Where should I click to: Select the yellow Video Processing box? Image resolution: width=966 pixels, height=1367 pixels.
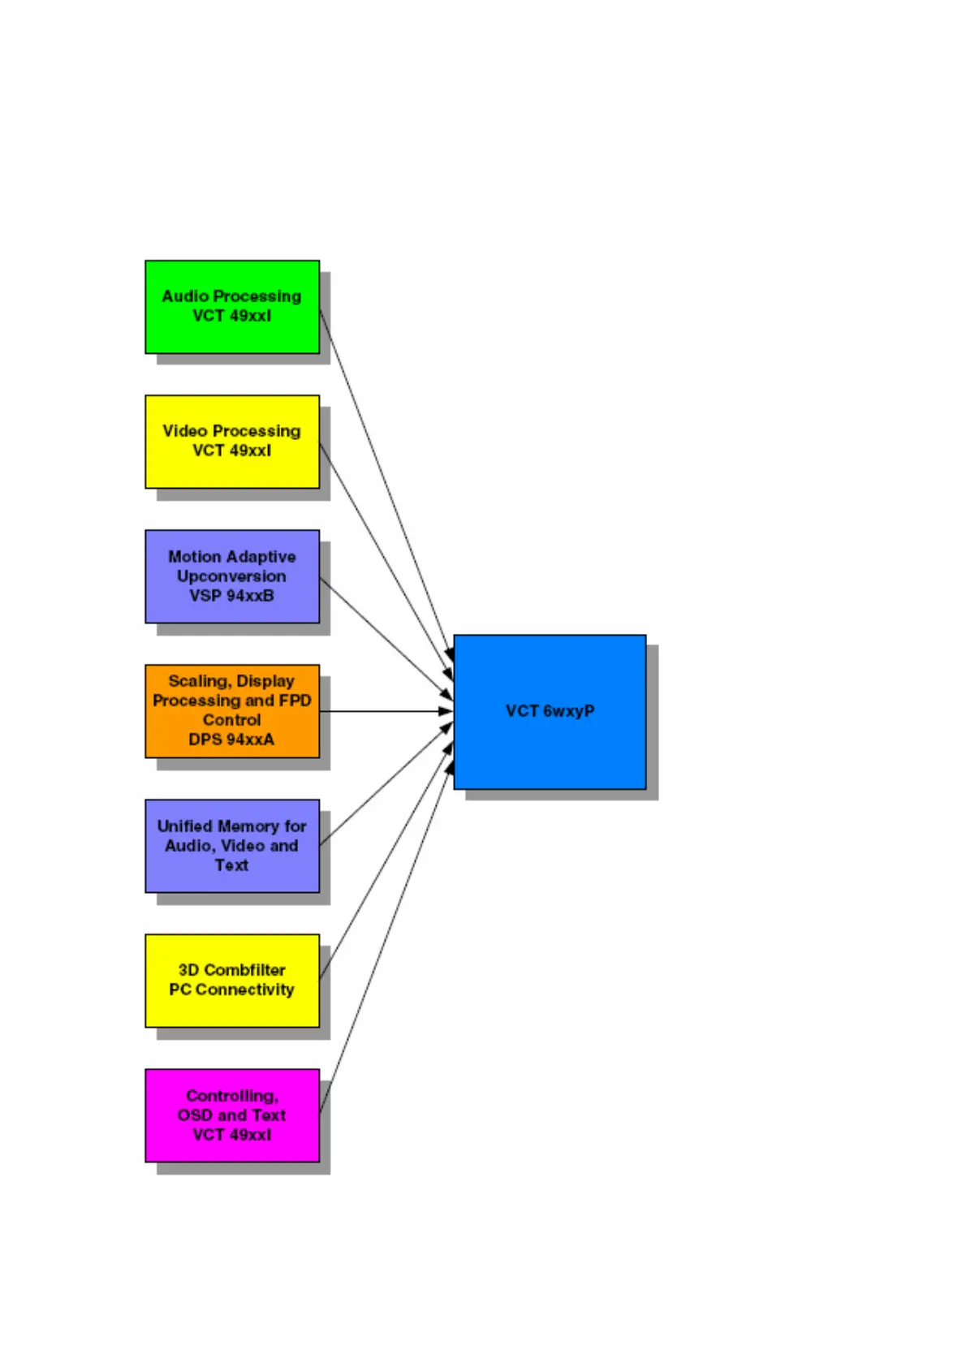pyautogui.click(x=231, y=471)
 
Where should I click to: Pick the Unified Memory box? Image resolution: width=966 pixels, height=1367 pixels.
pyautogui.click(x=231, y=882)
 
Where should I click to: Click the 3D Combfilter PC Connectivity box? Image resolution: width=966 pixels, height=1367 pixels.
pyautogui.click(x=231, y=1011)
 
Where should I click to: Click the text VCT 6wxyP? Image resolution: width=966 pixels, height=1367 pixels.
pyautogui.click(x=550, y=711)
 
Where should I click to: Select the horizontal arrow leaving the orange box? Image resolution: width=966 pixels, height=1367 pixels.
pyautogui.click(x=386, y=711)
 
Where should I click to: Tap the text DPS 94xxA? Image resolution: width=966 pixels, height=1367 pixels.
pyautogui.click(x=231, y=740)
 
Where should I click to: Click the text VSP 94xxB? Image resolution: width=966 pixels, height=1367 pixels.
pyautogui.click(x=231, y=596)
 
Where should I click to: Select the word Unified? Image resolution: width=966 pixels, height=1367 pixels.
pyautogui.click(x=184, y=826)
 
